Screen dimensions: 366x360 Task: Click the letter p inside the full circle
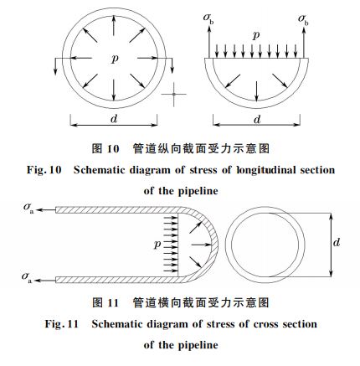coord(113,59)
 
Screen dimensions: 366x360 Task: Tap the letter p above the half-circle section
coord(257,37)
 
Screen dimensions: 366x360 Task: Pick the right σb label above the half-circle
coord(304,17)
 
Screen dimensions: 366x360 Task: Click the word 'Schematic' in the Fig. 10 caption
coord(100,170)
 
